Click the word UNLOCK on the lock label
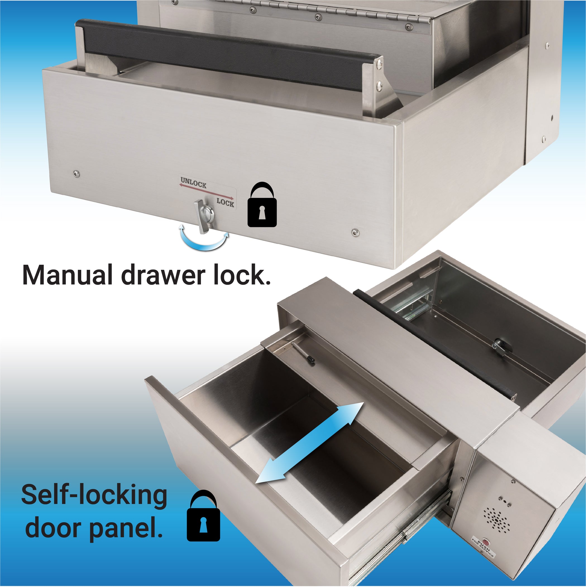[193, 183]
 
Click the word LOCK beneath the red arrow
[225, 202]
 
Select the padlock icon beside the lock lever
[262, 205]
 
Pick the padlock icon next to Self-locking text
[203, 516]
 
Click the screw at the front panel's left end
[76, 174]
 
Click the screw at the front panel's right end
[355, 233]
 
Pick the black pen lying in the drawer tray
[304, 352]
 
